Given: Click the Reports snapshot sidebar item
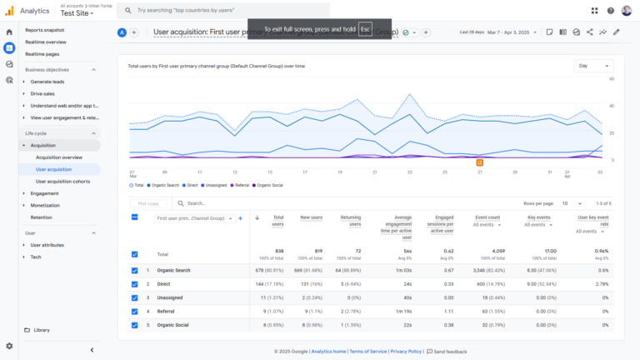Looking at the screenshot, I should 44,30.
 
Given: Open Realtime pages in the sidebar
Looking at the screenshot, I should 42,53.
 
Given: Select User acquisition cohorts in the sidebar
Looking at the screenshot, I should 62,181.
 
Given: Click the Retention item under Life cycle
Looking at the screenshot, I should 41,217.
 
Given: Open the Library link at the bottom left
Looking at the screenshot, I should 42,330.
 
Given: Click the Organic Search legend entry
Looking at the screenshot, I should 163,185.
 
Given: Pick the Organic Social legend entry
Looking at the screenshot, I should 269,185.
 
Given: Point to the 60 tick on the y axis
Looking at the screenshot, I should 612,79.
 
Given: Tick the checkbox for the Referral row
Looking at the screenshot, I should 135,311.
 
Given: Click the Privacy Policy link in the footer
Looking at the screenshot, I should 405,352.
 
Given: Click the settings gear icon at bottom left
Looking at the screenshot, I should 9,346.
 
